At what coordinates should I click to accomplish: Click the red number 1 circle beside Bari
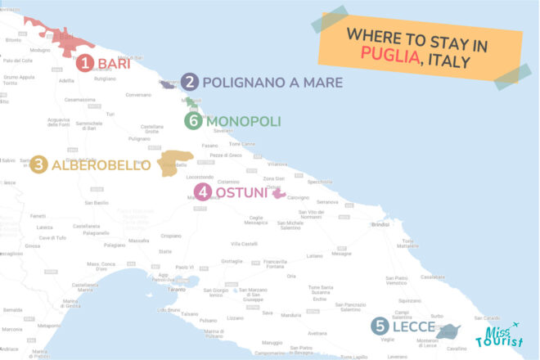[x=85, y=63]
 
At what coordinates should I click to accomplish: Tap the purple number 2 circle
[x=190, y=82]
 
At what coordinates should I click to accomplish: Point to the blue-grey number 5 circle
[x=379, y=326]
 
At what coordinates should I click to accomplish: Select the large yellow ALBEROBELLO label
[x=101, y=165]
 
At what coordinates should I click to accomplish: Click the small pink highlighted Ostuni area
[x=278, y=195]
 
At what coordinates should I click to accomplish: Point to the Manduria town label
[x=291, y=314]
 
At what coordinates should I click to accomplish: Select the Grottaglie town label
[x=232, y=262]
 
